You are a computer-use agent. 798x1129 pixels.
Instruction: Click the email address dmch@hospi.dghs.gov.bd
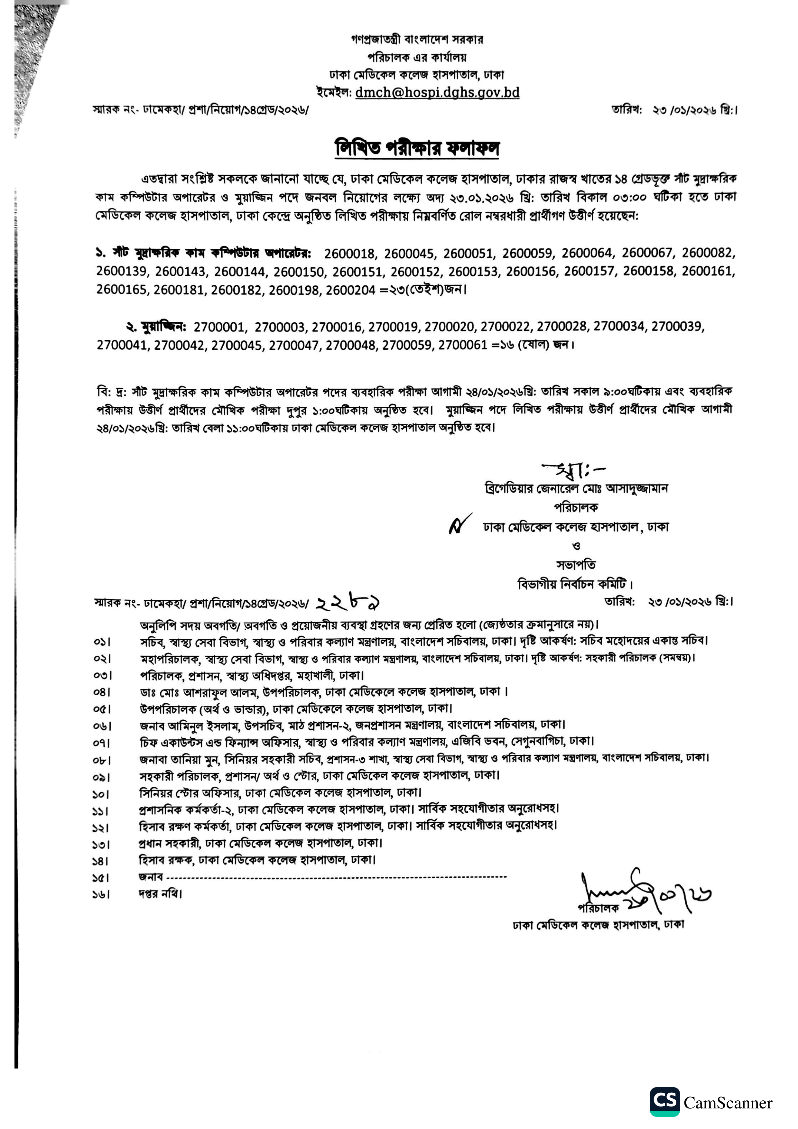pos(437,92)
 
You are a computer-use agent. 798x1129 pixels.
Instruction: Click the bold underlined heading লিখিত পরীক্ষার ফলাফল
pos(417,147)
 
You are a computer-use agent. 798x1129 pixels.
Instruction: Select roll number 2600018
pos(349,254)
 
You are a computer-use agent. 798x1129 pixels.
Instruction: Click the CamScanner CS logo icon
pos(665,1101)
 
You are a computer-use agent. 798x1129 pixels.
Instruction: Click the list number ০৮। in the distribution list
pos(102,760)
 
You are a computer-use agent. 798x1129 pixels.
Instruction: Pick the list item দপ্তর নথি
pos(160,893)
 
